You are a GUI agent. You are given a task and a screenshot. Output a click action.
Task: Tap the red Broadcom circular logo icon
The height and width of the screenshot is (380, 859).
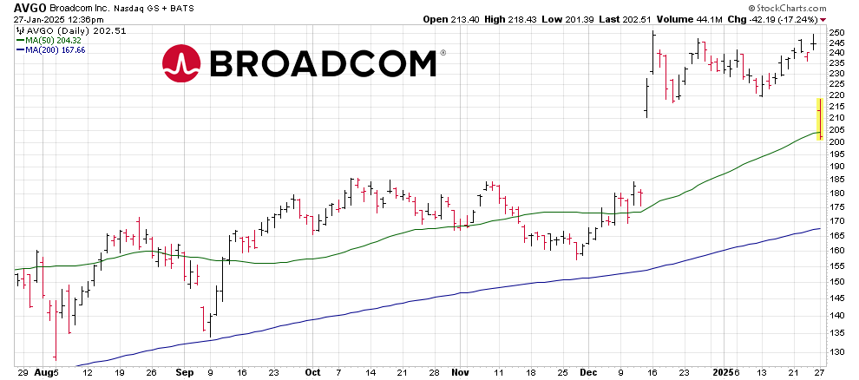click(x=181, y=64)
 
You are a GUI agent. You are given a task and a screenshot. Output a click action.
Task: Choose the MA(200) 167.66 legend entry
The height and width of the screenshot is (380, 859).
click(x=54, y=49)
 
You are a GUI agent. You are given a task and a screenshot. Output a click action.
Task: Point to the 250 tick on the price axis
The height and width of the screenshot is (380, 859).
click(x=836, y=33)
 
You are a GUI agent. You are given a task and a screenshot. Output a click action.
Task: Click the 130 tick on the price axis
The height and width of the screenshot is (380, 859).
click(x=836, y=351)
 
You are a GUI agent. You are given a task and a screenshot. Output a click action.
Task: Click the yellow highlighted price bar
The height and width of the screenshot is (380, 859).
click(x=819, y=119)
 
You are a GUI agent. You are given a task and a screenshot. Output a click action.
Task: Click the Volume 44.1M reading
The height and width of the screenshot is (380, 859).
click(x=682, y=19)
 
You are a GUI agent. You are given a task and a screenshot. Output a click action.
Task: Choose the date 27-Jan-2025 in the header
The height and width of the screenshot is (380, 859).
click(x=31, y=19)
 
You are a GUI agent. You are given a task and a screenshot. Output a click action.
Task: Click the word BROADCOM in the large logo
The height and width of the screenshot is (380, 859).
click(x=322, y=64)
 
